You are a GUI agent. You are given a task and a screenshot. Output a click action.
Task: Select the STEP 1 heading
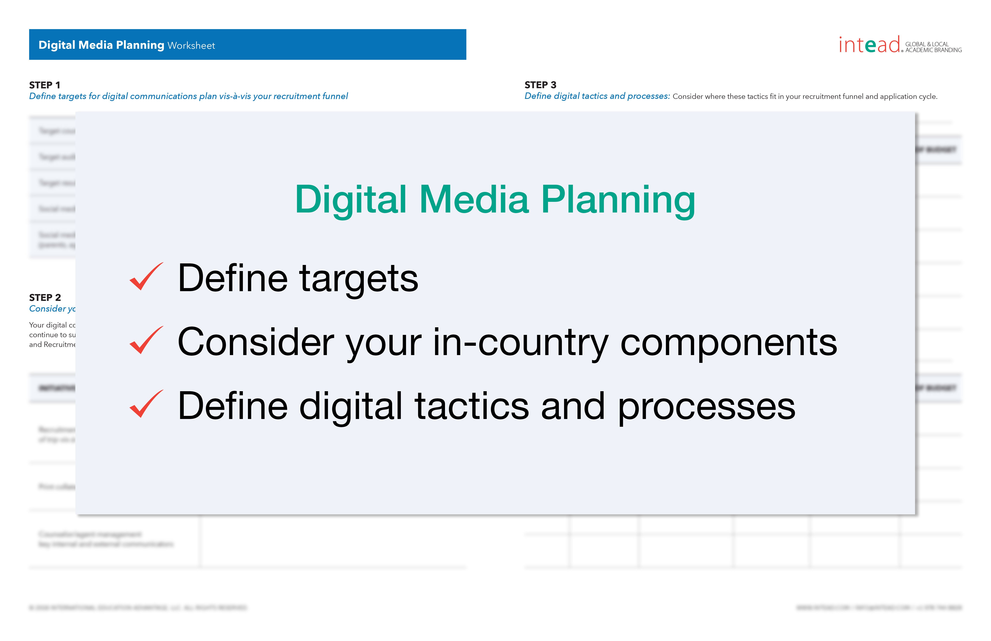(x=44, y=85)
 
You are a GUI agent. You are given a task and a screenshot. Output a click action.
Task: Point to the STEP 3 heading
(x=540, y=85)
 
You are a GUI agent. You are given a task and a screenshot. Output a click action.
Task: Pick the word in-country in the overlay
(x=521, y=342)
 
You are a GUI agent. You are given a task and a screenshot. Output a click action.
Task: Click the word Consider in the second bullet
(x=255, y=342)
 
